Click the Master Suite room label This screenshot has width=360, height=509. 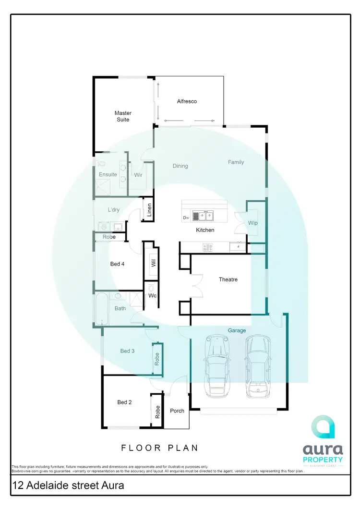click(x=123, y=116)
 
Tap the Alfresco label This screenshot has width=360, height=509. click(x=187, y=101)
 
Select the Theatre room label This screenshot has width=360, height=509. click(x=228, y=279)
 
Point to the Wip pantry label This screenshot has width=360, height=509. click(x=253, y=223)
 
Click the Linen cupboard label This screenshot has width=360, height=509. click(x=149, y=210)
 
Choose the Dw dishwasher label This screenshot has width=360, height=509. click(x=186, y=218)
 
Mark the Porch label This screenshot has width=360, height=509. click(x=177, y=411)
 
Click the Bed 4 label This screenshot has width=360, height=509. click(x=118, y=264)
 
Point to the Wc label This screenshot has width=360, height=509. click(x=152, y=295)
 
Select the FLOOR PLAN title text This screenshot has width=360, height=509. click(x=160, y=448)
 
